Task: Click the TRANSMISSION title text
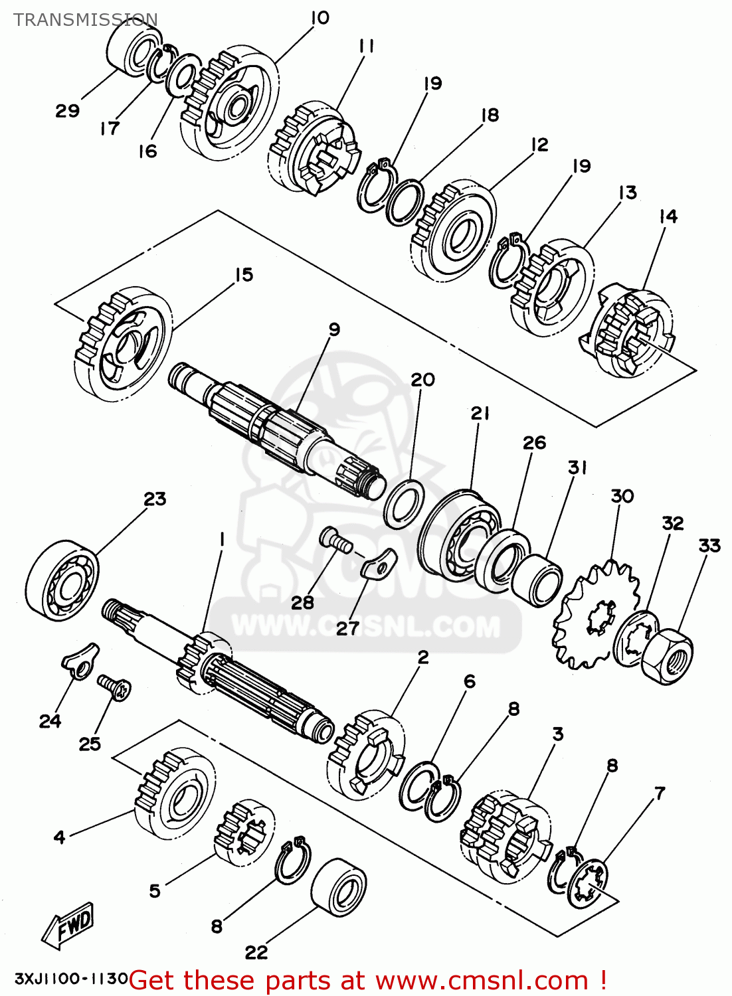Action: pyautogui.click(x=86, y=20)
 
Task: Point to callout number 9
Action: pyautogui.click(x=334, y=329)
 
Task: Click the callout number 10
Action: pyautogui.click(x=320, y=19)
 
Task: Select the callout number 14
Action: pyautogui.click(x=668, y=216)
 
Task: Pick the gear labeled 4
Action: pyautogui.click(x=175, y=793)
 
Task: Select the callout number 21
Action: pyautogui.click(x=480, y=413)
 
